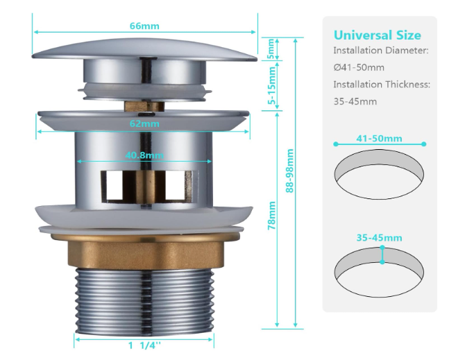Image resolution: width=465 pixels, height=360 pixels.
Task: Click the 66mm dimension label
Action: (x=144, y=26)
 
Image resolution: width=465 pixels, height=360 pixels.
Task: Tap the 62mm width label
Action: (x=144, y=123)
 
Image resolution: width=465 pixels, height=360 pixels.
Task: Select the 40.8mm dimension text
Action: (x=144, y=155)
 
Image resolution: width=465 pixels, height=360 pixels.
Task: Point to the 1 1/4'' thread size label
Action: (x=144, y=345)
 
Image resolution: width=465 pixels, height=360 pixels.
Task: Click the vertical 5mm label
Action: (x=271, y=49)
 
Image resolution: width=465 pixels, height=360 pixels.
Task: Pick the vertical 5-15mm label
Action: (x=271, y=85)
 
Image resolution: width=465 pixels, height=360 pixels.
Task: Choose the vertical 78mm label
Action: (x=271, y=215)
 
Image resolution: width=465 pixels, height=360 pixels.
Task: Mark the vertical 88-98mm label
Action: (x=289, y=171)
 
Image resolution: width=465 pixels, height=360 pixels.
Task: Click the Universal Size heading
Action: (x=378, y=35)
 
